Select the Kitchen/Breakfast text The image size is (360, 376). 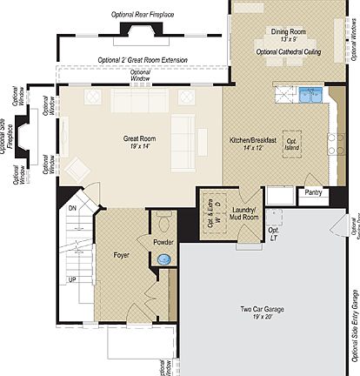[x=252, y=139]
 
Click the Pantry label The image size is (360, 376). [x=314, y=193]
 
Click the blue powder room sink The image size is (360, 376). [x=164, y=258]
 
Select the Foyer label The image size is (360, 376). [x=122, y=255]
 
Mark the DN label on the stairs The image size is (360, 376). [x=73, y=209]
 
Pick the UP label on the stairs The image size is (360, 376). [x=73, y=279]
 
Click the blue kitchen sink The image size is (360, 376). [x=311, y=94]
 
